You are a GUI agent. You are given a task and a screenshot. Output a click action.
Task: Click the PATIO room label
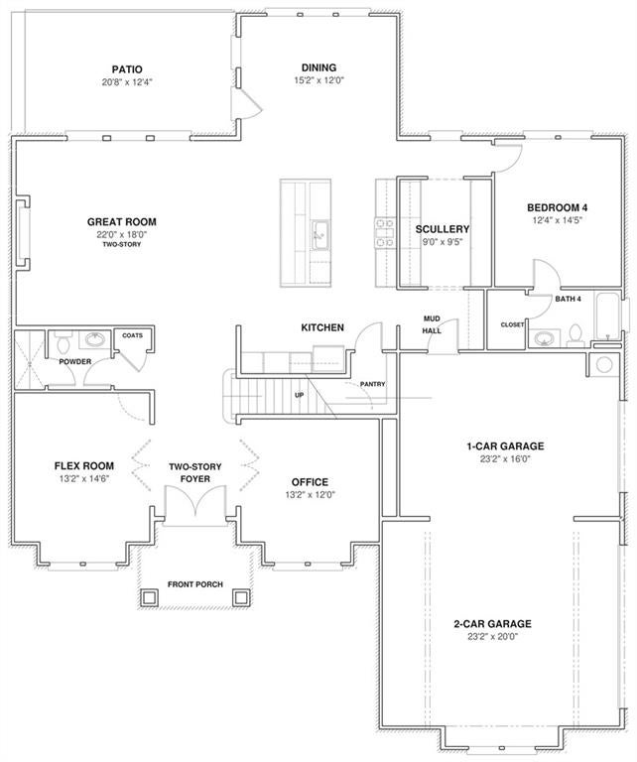coord(127,69)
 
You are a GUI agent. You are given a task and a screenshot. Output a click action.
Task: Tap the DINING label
coord(318,68)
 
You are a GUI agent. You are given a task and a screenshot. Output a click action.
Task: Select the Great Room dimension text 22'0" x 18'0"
coord(122,234)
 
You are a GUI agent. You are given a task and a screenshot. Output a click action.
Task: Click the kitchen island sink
coord(320,235)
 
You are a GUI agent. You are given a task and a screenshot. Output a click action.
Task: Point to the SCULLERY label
coord(443,229)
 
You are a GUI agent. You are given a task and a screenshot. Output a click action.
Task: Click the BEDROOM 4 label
coord(558,208)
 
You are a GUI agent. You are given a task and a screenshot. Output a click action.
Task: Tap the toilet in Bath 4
coord(575,335)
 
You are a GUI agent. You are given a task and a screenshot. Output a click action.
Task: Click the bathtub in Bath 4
coord(607,316)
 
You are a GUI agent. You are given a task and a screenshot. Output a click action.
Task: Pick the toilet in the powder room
coord(64,342)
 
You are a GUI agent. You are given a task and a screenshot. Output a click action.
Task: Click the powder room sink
coord(94,338)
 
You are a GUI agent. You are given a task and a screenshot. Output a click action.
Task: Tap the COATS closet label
coord(133,335)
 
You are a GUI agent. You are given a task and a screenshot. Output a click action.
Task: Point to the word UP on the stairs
coord(300,395)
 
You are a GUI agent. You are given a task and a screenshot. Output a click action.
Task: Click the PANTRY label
coord(373,384)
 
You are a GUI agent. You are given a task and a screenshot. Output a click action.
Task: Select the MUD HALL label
coord(432,324)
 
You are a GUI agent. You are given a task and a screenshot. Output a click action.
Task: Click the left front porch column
coord(149,597)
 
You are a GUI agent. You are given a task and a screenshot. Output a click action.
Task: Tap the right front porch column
coord(241,597)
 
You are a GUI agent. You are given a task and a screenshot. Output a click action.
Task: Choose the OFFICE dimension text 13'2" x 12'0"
coord(311,495)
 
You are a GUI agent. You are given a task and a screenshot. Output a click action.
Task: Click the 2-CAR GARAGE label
coord(493,623)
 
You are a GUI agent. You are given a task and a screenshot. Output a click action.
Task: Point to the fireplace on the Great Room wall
coord(24,233)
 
